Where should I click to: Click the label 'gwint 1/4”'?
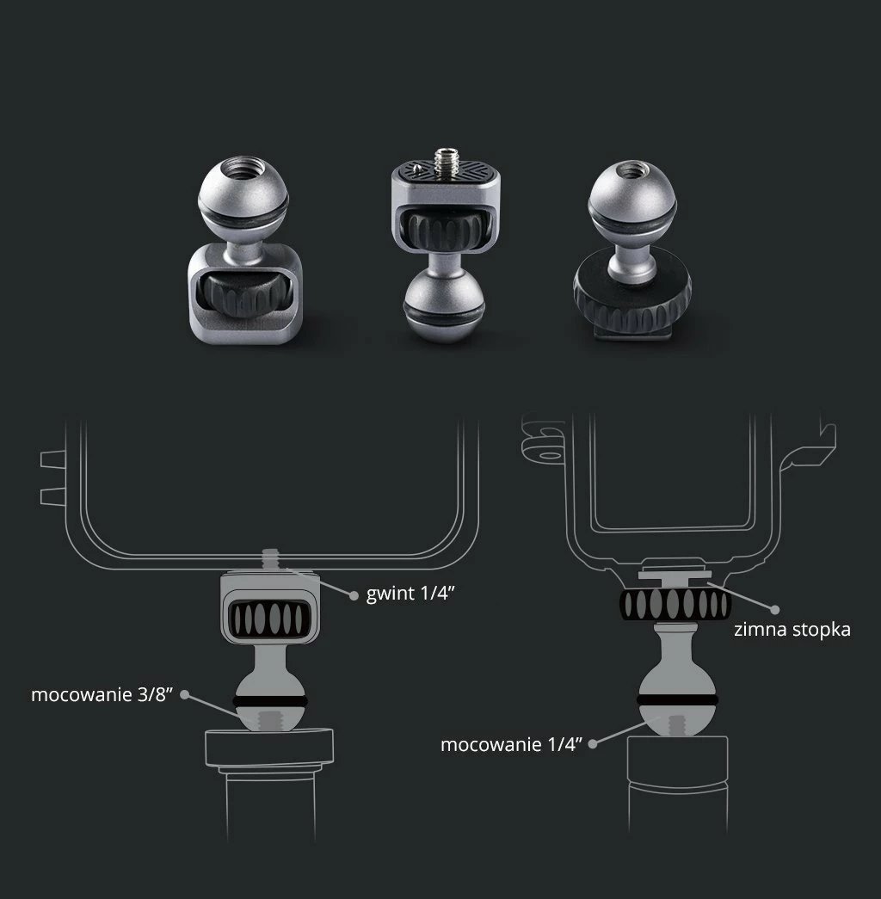410,593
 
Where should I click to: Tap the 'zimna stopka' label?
792,630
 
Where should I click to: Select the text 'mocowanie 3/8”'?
102,694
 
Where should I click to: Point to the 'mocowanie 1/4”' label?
511,744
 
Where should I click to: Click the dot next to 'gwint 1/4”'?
354,595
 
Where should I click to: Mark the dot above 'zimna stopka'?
775,609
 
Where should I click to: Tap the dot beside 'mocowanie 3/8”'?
185,694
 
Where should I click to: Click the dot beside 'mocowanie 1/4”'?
593,743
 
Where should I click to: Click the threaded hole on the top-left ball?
243,167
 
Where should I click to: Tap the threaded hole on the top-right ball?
631,170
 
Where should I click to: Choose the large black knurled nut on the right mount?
631,293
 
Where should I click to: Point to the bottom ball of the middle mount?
445,307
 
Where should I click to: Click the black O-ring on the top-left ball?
243,214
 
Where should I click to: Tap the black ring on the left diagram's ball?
270,702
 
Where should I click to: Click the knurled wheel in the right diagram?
675,604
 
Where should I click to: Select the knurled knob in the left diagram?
269,619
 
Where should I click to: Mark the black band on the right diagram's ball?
677,700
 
